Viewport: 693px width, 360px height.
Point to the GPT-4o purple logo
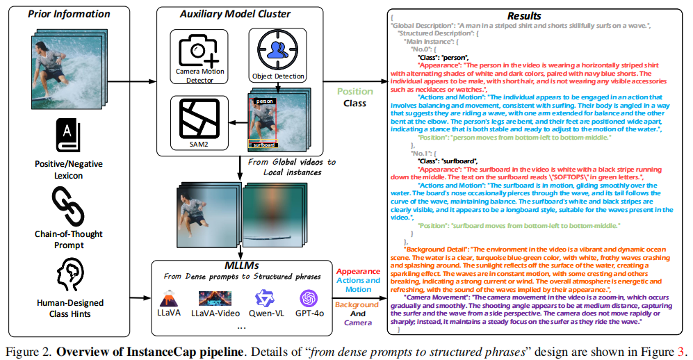(x=309, y=299)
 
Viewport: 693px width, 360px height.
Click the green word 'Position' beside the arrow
(x=354, y=91)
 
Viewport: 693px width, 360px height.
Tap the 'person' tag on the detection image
(x=264, y=101)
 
